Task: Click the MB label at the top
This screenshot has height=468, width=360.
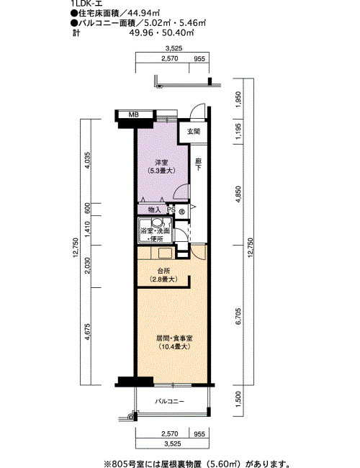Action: click(133, 114)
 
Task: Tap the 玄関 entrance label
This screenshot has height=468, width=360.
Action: click(193, 131)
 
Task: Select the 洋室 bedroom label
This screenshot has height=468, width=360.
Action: click(161, 163)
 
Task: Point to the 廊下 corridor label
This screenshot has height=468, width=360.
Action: click(198, 164)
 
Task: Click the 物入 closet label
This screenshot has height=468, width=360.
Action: click(154, 210)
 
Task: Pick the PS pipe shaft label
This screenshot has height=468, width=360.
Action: click(171, 210)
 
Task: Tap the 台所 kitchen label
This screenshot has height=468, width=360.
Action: click(163, 271)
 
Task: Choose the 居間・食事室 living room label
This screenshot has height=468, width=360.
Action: click(174, 338)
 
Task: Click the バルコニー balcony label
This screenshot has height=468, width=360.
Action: click(169, 402)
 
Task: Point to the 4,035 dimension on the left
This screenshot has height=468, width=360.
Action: click(87, 161)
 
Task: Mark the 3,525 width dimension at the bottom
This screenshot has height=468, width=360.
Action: click(173, 444)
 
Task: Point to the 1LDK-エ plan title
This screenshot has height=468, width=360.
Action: click(86, 4)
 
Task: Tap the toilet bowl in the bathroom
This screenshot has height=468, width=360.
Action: click(157, 222)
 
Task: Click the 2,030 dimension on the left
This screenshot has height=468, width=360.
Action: click(87, 266)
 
